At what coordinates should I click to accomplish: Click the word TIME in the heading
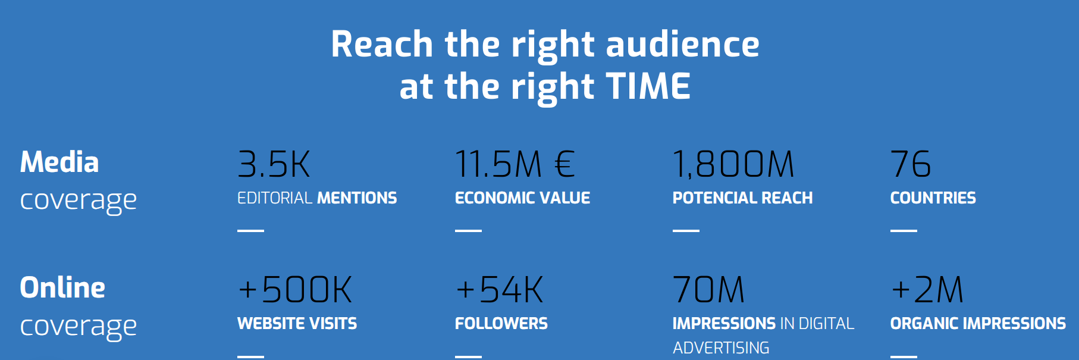tap(648, 86)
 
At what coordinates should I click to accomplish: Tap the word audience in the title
tap(682, 44)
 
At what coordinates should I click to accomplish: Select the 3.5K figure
tap(274, 164)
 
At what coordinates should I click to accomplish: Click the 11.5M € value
tap(515, 164)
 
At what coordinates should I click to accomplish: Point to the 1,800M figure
tap(733, 165)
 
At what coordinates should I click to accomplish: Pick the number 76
tap(911, 164)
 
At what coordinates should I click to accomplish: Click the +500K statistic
tap(295, 290)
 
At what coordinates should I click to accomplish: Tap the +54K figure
tap(500, 290)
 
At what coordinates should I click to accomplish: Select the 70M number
tap(708, 290)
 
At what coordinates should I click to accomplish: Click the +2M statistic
tap(927, 290)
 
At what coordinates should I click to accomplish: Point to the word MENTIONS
tap(357, 198)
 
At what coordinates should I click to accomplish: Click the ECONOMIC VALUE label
tap(522, 198)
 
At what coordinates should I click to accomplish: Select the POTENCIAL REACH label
tap(742, 198)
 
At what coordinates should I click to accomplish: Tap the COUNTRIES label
tap(933, 198)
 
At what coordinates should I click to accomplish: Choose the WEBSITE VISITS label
tap(297, 323)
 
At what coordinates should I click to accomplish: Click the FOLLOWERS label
tap(501, 323)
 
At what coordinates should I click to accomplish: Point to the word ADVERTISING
tap(721, 348)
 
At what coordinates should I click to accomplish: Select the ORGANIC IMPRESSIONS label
tap(978, 323)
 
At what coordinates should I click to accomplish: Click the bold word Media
tap(59, 162)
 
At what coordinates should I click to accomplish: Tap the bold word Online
tap(62, 287)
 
